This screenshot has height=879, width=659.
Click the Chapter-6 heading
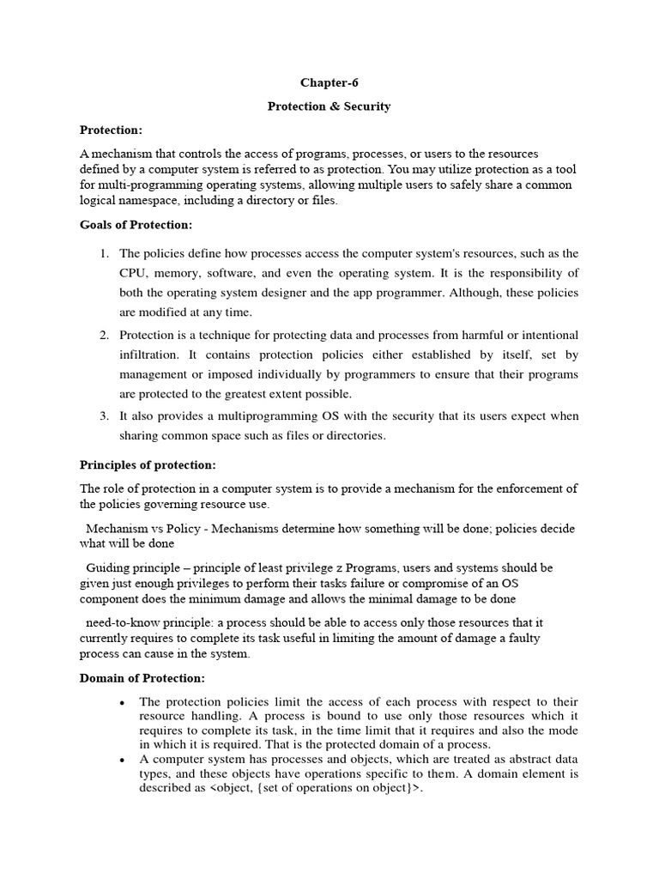(329, 83)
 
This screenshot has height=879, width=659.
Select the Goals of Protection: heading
(136, 225)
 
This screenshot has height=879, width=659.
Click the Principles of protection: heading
(148, 464)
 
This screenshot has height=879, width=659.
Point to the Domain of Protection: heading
(142, 678)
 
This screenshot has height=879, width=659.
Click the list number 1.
(103, 253)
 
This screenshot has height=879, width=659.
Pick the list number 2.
(103, 334)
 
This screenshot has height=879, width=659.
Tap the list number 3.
(103, 415)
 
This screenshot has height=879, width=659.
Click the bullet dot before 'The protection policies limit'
(124, 703)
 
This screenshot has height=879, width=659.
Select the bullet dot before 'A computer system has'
(124, 761)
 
